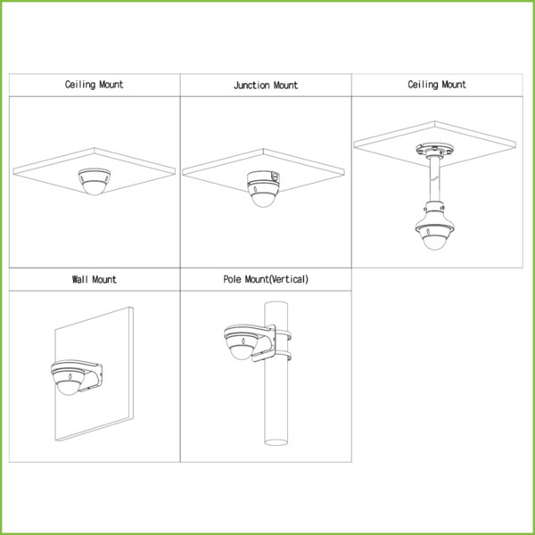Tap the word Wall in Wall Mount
(x=80, y=280)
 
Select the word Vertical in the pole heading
(x=288, y=279)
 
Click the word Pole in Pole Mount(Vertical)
(x=232, y=279)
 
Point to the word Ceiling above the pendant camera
(x=423, y=85)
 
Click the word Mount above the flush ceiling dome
(x=111, y=85)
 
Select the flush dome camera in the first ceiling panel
(x=95, y=181)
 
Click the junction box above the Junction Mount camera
(x=263, y=178)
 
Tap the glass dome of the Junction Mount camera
(x=263, y=200)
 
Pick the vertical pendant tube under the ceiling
(x=434, y=179)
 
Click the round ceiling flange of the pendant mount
(x=435, y=150)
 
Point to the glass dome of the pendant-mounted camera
(x=434, y=242)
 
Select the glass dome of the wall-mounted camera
(x=69, y=387)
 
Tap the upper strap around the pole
(x=283, y=334)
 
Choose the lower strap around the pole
(x=283, y=356)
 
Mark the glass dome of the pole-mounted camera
(x=242, y=352)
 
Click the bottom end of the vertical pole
(x=276, y=442)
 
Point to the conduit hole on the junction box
(x=274, y=176)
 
